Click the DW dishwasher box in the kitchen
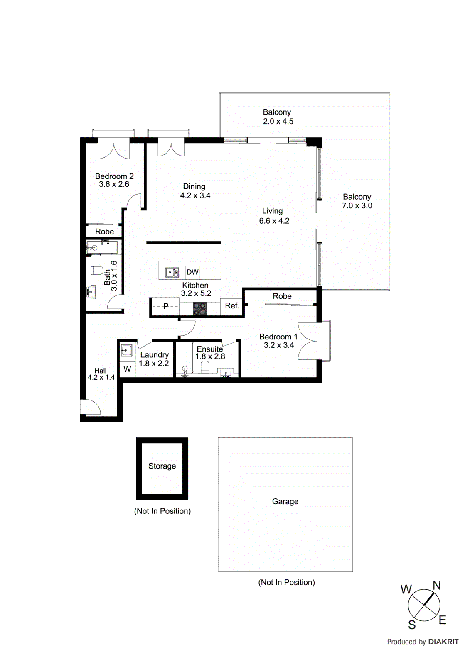click(x=192, y=272)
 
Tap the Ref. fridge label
click(x=232, y=306)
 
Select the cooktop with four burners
click(x=200, y=308)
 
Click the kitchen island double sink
click(x=172, y=272)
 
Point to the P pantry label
click(x=166, y=307)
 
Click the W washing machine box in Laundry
click(x=127, y=369)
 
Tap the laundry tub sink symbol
click(x=126, y=351)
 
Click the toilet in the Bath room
click(x=97, y=271)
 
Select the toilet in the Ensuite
click(x=205, y=366)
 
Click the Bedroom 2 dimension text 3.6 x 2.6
click(x=114, y=184)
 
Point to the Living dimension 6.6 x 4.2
click(x=274, y=221)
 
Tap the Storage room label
click(x=162, y=466)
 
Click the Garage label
click(x=285, y=501)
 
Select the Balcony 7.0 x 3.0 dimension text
click(x=357, y=205)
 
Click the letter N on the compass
click(x=436, y=586)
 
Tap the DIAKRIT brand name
click(x=443, y=642)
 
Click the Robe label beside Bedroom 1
click(x=282, y=296)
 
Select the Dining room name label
click(x=194, y=186)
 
